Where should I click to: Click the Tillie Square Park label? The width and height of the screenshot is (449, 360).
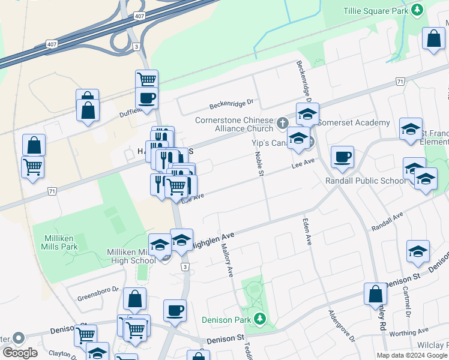pos(375,10)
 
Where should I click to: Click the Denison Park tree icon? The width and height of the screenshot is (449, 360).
pos(259,318)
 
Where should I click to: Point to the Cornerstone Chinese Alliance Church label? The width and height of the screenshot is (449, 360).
pos(234,124)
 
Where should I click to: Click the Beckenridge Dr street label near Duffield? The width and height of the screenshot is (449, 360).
pos(231,104)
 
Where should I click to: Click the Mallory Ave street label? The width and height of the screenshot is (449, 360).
pos(227,259)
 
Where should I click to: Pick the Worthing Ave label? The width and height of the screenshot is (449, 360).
pos(409,331)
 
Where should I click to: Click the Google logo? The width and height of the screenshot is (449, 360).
pos(20,353)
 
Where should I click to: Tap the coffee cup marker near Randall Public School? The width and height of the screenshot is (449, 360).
pos(342,157)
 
